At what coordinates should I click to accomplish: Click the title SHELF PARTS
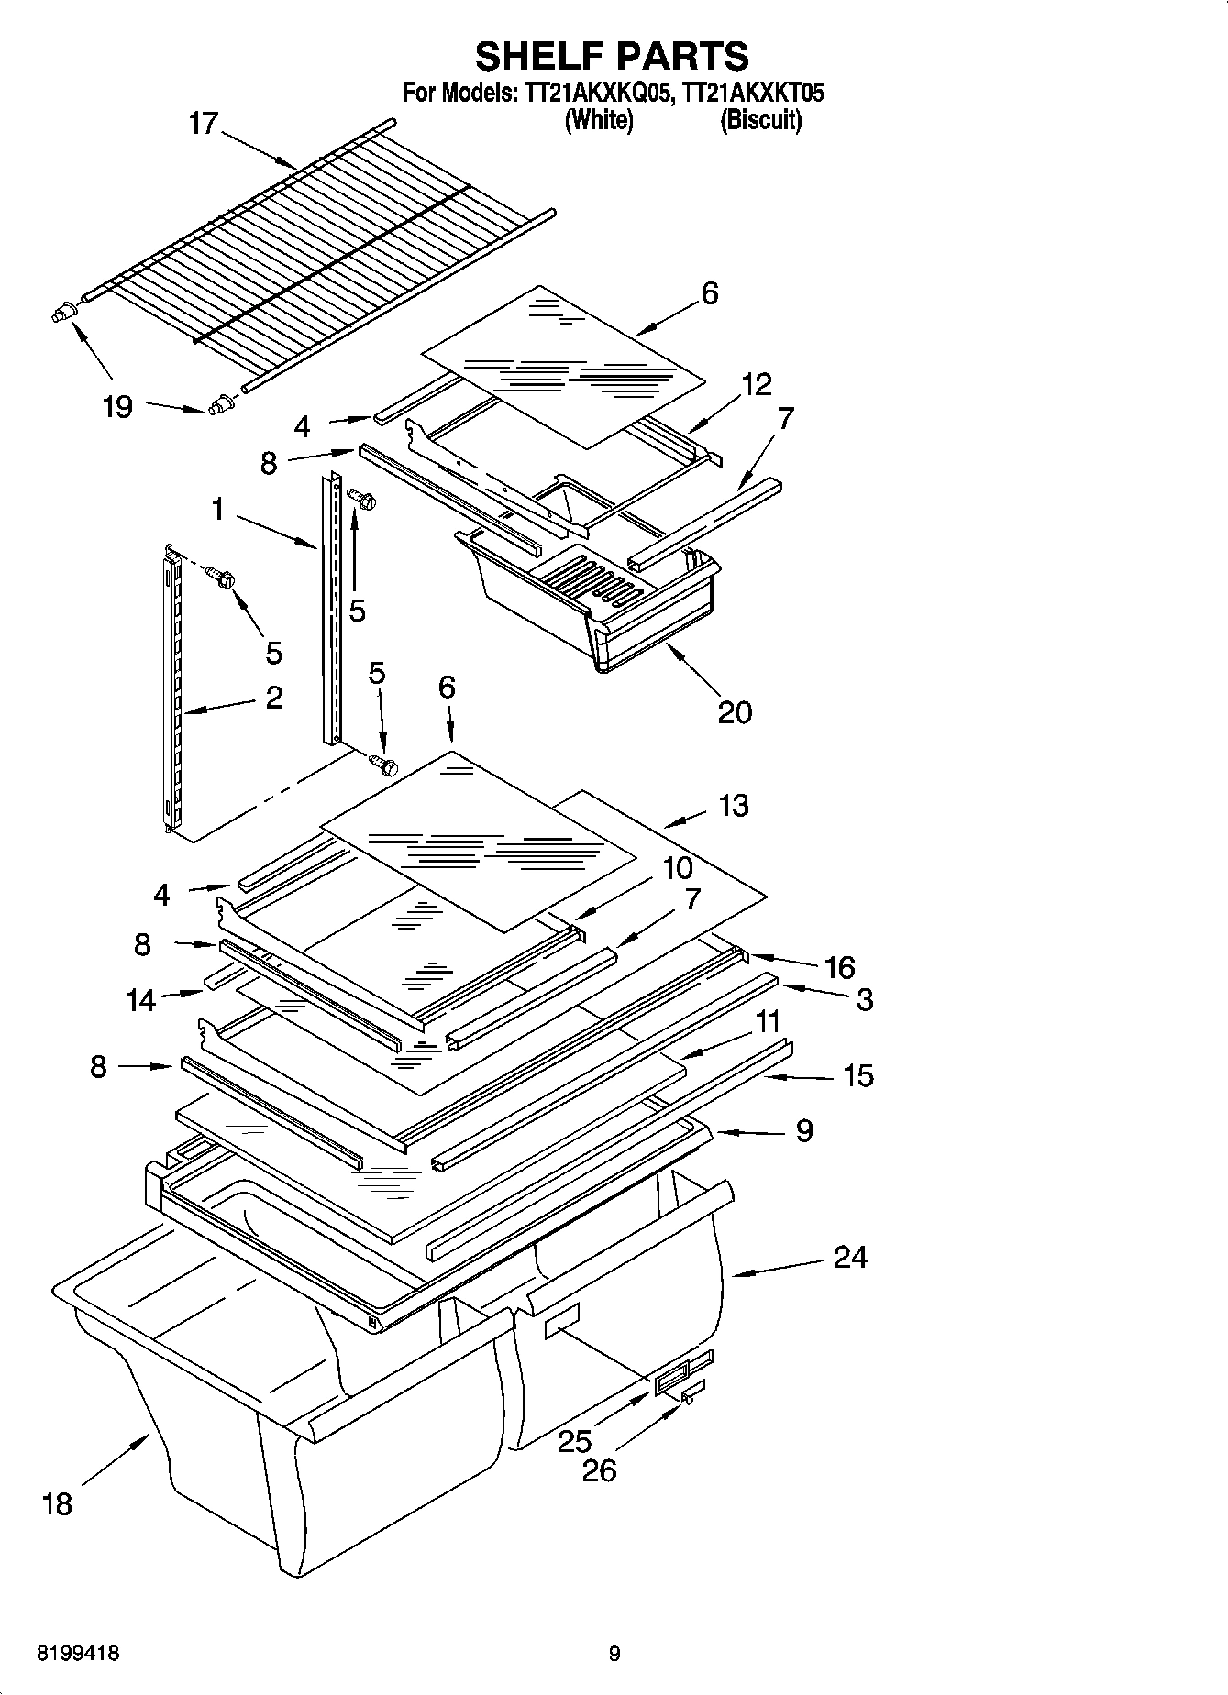pos(612,57)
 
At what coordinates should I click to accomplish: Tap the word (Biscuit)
pos(760,120)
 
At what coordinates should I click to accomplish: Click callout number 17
pos(203,123)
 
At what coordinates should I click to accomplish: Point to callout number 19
pos(117,406)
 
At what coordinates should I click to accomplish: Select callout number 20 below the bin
pos(735,711)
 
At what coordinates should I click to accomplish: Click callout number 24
pos(850,1257)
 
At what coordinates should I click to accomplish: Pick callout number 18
pos(57,1503)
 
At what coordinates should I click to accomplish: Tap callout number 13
pos(734,806)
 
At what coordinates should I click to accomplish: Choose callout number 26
pos(600,1470)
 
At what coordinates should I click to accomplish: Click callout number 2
pos(273,698)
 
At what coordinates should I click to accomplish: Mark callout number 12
pos(757,384)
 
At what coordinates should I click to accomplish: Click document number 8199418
pos(78,1654)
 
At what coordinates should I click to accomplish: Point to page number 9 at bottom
pos(614,1654)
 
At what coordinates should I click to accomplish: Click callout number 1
pos(217,508)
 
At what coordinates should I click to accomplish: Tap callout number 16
pos(840,967)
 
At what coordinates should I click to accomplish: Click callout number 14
pos(141,999)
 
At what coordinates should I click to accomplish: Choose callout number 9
pos(804,1130)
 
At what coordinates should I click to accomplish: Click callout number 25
pos(575,1441)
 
